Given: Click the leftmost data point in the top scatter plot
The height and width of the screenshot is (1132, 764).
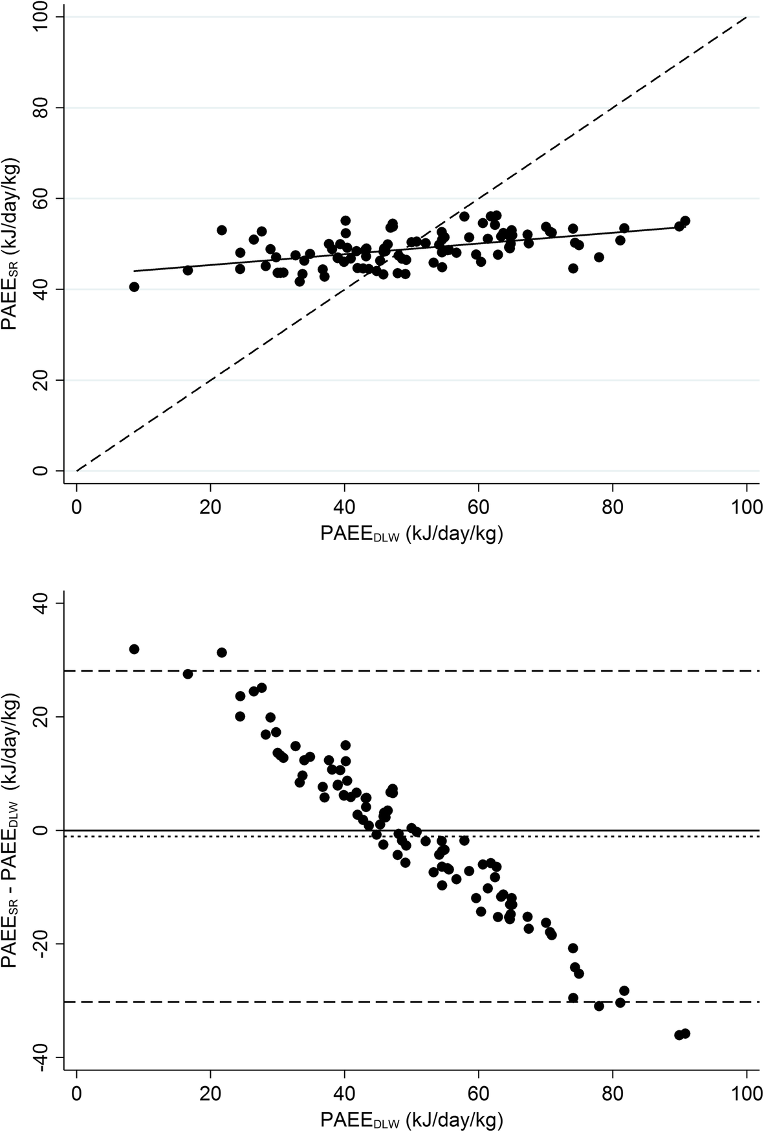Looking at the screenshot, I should pos(134,287).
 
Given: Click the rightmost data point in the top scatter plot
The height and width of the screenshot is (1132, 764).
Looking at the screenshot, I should pos(685,221).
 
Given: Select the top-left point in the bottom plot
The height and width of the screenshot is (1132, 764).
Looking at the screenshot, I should pos(134,649).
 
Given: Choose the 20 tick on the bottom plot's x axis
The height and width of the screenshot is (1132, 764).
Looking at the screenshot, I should pos(210,1091).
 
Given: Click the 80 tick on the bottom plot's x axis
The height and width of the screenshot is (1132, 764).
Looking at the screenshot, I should pos(612,1091).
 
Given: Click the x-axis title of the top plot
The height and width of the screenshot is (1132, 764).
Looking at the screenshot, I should pos(411,534).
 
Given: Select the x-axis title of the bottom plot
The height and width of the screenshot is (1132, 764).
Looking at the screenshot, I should pos(411,1120).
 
